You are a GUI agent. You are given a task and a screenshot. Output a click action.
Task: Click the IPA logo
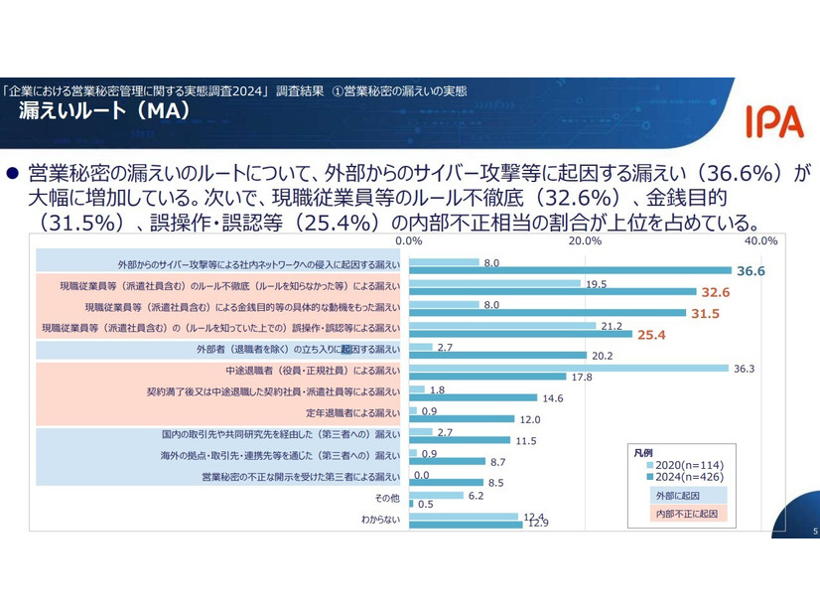click(x=773, y=121)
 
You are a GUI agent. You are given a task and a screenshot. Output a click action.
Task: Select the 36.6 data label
click(x=751, y=270)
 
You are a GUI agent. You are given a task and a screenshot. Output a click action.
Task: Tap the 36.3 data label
click(x=746, y=368)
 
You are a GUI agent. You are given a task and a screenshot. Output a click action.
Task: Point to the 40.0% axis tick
click(x=760, y=240)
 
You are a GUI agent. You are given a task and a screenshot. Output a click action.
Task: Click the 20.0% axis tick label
click(x=586, y=240)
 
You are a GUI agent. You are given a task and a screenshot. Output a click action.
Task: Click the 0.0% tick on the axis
click(x=409, y=240)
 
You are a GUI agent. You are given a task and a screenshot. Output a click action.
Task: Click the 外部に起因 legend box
click(x=677, y=494)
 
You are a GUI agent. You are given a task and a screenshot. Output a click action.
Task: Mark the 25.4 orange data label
click(x=651, y=335)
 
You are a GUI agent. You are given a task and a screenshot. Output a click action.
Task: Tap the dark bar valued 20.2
click(x=498, y=356)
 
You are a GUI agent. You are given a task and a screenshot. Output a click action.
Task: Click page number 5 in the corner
click(x=814, y=532)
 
